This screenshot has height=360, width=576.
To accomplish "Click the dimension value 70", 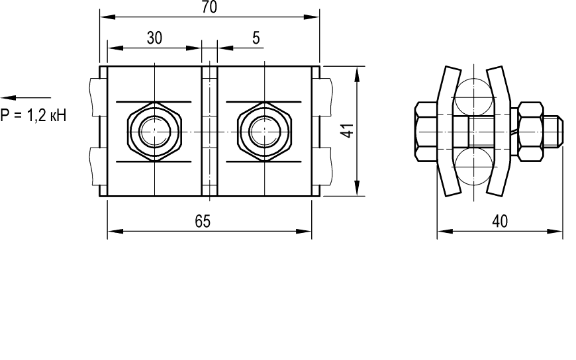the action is click(209, 7).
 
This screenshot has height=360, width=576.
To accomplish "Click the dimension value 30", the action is click(154, 38).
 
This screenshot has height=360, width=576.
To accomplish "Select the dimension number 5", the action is click(256, 38).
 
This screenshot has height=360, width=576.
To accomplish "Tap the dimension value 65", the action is click(203, 222).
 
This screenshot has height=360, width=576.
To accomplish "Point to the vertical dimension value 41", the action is click(348, 131).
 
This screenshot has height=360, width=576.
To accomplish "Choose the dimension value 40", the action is click(500, 222).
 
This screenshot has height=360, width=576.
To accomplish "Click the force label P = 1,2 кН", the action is click(33, 115).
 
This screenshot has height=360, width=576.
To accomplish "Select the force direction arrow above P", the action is click(26, 98).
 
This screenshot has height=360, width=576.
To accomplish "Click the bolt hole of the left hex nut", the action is click(154, 131).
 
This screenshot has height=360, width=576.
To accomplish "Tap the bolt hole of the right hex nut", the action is click(264, 131).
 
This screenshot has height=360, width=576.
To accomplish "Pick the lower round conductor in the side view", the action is click(474, 165).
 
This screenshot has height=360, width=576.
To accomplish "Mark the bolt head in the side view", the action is click(426, 131).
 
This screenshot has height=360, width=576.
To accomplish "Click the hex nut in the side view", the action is click(530, 131).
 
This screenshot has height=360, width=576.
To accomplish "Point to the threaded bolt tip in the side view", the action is click(553, 131).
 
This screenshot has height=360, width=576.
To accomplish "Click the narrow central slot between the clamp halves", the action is click(209, 131).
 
